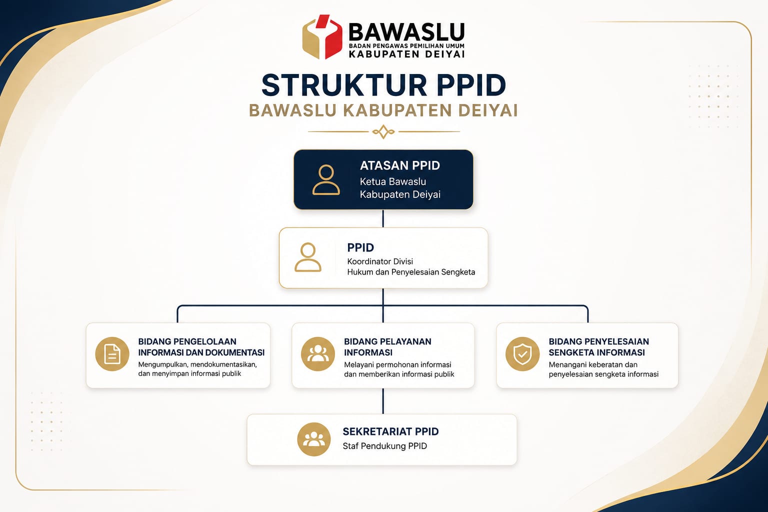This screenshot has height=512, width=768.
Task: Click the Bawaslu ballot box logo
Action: pyautogui.click(x=322, y=36)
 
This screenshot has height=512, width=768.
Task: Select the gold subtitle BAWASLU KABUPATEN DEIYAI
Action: pyautogui.click(x=383, y=110)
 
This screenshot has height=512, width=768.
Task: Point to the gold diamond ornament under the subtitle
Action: pyautogui.click(x=383, y=131)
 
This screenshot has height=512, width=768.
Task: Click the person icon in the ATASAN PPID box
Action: pyautogui.click(x=326, y=180)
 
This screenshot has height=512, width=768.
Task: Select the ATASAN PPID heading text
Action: pyautogui.click(x=400, y=165)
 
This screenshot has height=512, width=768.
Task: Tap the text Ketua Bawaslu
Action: pyautogui.click(x=393, y=181)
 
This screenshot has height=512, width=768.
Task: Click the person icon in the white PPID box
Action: pyautogui.click(x=308, y=257)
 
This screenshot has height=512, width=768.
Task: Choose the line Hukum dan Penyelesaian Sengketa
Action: pyautogui.click(x=411, y=272)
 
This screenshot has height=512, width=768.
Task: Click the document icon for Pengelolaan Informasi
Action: pyautogui.click(x=112, y=354)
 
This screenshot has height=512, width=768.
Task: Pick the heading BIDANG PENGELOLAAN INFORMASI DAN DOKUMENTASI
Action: pyautogui.click(x=201, y=347)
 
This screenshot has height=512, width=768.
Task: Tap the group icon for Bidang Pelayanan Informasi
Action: pyautogui.click(x=318, y=354)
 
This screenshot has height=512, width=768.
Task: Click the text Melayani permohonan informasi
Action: pyautogui.click(x=397, y=365)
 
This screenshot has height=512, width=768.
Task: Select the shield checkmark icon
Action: pyautogui.click(x=522, y=354)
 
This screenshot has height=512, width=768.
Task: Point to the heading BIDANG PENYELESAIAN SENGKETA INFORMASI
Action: pyautogui.click(x=599, y=347)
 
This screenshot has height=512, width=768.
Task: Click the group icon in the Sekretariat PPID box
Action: pyautogui.click(x=313, y=439)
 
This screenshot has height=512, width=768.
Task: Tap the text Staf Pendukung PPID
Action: pyautogui.click(x=384, y=446)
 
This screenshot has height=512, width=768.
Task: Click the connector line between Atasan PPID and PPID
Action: pyautogui.click(x=383, y=218)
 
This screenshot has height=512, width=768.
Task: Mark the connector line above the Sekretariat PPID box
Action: pyautogui.click(x=383, y=401)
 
